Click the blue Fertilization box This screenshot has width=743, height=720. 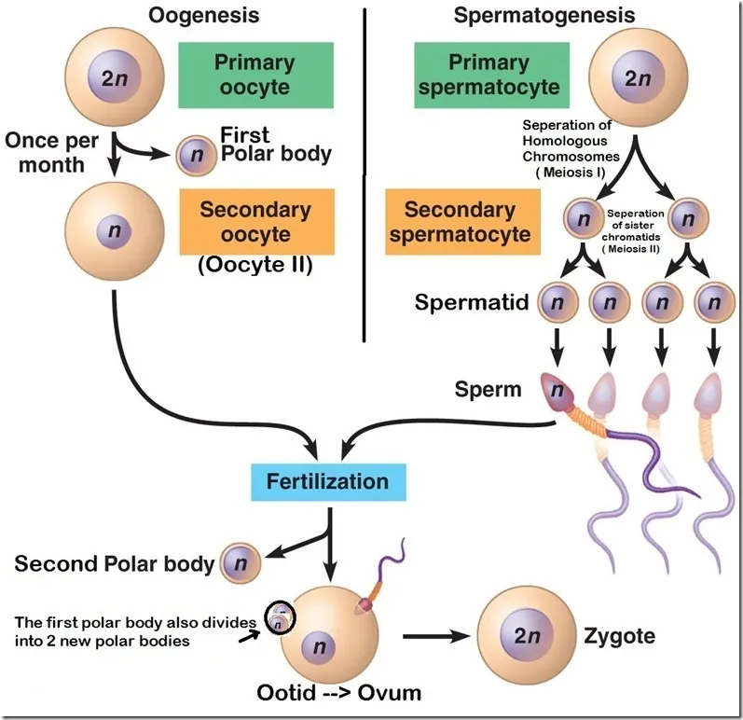pyautogui.click(x=327, y=482)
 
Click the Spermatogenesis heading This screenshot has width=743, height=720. pyautogui.click(x=544, y=15)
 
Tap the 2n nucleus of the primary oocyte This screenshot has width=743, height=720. pyautogui.click(x=113, y=79)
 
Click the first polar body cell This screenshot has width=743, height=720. pyautogui.click(x=195, y=156)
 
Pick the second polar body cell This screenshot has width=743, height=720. pyautogui.click(x=241, y=564)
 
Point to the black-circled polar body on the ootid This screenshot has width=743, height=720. pyautogui.click(x=278, y=616)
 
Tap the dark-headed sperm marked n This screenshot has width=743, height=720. pyautogui.click(x=558, y=391)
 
